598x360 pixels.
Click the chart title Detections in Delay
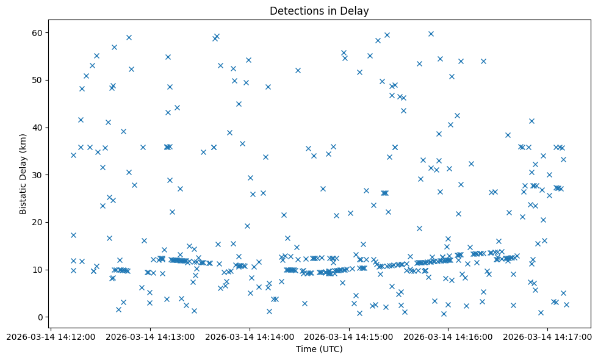[319, 11]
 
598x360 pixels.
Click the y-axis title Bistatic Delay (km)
[23, 174]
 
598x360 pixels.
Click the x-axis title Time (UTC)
[319, 349]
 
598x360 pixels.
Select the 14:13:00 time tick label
[151, 336]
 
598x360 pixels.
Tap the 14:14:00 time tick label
[250, 336]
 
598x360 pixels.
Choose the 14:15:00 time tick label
[350, 336]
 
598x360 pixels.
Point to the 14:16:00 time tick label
[448, 336]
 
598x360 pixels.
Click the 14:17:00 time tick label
[548, 336]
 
